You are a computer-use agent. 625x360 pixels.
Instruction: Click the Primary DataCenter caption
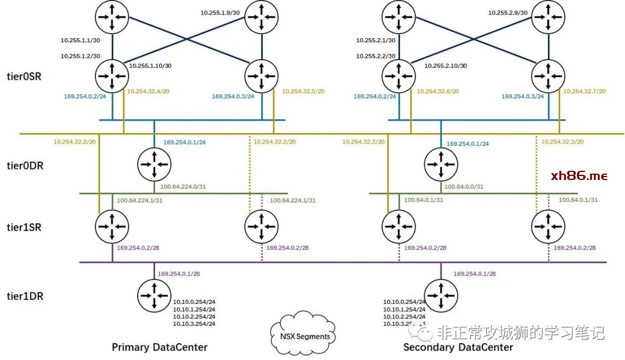coord(159,347)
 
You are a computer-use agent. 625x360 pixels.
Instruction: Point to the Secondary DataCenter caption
coord(458,347)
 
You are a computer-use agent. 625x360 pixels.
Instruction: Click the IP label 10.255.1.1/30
coord(80,41)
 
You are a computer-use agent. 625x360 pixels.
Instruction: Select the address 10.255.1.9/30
coord(220,12)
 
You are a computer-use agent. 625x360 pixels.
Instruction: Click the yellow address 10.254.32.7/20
coord(584,91)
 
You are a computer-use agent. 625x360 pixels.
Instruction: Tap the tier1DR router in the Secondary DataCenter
coord(441,295)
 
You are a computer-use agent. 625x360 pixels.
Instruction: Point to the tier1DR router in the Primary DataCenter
coord(155,295)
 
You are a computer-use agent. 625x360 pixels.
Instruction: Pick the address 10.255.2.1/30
coord(376,41)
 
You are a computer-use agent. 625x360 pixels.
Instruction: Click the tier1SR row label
coord(23,227)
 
